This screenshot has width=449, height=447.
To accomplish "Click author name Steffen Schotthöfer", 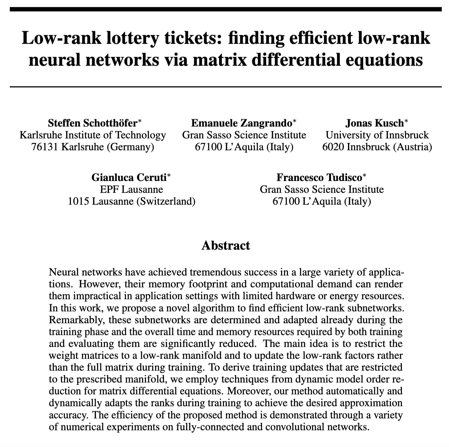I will pos(92,123).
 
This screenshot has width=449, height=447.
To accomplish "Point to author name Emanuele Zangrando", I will pos(242,123).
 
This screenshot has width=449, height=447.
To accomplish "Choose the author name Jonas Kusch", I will pos(374,123).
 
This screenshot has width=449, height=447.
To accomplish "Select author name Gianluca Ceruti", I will pos(129,177).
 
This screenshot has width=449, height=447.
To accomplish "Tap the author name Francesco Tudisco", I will pos(319,177).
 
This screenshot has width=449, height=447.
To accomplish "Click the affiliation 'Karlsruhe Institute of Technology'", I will pos(93,135).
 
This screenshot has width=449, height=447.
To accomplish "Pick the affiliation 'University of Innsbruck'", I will pos(377,135).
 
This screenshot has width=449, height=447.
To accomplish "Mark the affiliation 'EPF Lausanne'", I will pos(131,189).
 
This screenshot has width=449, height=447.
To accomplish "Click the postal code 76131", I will pos(45,147).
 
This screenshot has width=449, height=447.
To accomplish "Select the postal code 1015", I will pos(78,201).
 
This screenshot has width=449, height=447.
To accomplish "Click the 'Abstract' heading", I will pos(226,245).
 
